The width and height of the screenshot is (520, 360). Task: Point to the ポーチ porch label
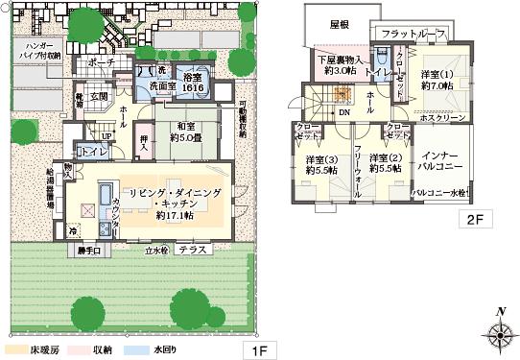pyautogui.click(x=102, y=62)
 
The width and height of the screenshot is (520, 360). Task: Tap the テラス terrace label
pyautogui.click(x=193, y=249)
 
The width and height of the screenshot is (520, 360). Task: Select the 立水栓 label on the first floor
pyautogui.click(x=156, y=250)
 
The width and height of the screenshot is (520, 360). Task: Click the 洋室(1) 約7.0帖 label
pyautogui.click(x=436, y=81)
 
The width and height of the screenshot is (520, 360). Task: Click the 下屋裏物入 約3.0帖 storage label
pyautogui.click(x=339, y=64)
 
